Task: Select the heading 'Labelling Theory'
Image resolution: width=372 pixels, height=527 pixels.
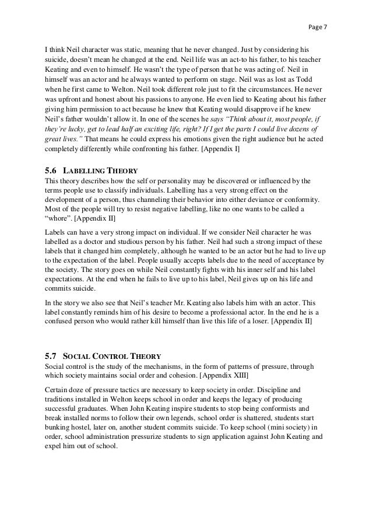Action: (100, 170)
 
